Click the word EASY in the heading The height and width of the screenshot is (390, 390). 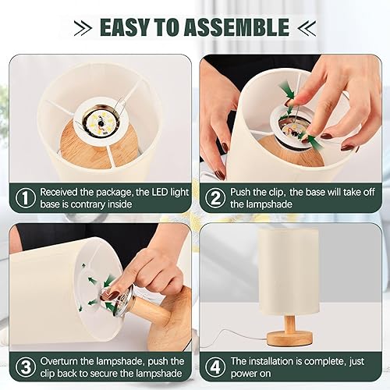click(128, 27)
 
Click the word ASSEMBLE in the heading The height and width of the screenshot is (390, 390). click(239, 27)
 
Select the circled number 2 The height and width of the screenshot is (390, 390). click(214, 198)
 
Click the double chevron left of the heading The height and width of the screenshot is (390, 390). click(84, 28)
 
